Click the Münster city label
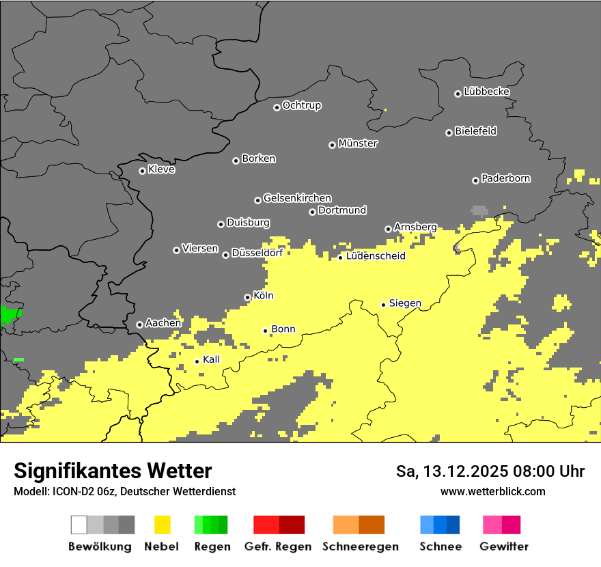pyautogui.click(x=358, y=143)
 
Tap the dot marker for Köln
pyautogui.click(x=247, y=297)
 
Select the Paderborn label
pyautogui.click(x=505, y=178)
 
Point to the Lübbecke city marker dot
pyautogui.click(x=458, y=94)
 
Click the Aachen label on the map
pyautogui.click(x=163, y=322)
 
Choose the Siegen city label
pyautogui.click(x=405, y=303)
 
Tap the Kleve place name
pyautogui.click(x=161, y=169)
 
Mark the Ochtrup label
pyautogui.click(x=301, y=105)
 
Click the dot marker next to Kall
pyautogui.click(x=197, y=361)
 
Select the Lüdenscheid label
pyautogui.click(x=376, y=256)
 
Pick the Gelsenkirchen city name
pyautogui.click(x=297, y=198)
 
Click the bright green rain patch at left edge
pyautogui.click(x=10, y=315)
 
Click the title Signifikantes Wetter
pyautogui.click(x=113, y=471)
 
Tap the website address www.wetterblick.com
pyautogui.click(x=492, y=491)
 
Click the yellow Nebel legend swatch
pyautogui.click(x=163, y=525)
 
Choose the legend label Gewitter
pyautogui.click(x=503, y=547)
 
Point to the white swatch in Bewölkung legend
pyautogui.click(x=79, y=525)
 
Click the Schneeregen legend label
pyautogui.click(x=360, y=547)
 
